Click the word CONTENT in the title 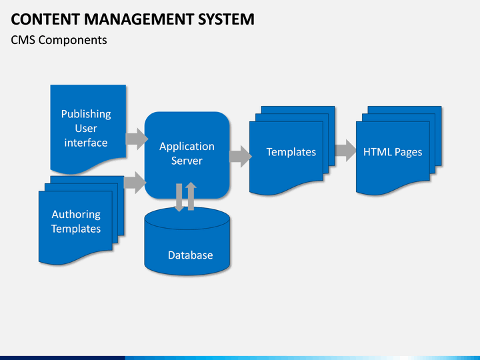coord(45,19)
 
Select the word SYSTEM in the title coord(226,19)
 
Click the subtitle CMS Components coord(59,40)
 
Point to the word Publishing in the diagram coord(86,114)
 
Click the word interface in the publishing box coord(86,143)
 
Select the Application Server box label coord(187,153)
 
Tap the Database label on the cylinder coord(191,255)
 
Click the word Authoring coord(76,215)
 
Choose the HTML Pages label coord(393,152)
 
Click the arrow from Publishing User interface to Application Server coord(137,139)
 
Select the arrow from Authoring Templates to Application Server coord(135,183)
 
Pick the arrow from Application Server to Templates coord(241,157)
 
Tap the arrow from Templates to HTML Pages coord(345,150)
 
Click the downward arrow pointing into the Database coord(179,198)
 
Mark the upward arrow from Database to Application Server coord(191,196)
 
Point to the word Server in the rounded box coord(187,161)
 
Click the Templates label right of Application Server coord(291,152)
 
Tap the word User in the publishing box coord(86,129)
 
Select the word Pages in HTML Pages coord(409,153)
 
